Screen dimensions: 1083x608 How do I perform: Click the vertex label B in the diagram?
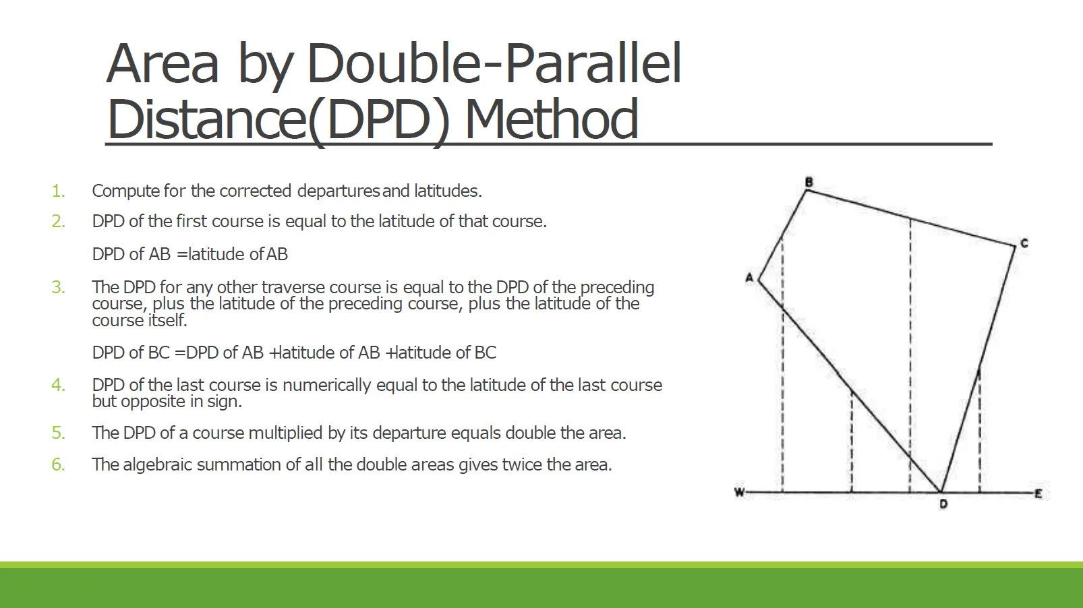pyautogui.click(x=809, y=182)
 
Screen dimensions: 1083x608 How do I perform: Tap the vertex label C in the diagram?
pyautogui.click(x=1024, y=243)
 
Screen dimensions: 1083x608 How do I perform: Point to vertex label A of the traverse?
pyautogui.click(x=749, y=278)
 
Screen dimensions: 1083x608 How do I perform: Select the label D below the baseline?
pyautogui.click(x=943, y=504)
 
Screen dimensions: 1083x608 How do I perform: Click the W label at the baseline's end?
pyautogui.click(x=739, y=493)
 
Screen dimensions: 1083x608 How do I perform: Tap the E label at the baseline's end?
pyautogui.click(x=1038, y=493)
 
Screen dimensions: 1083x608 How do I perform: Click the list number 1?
pyautogui.click(x=58, y=191)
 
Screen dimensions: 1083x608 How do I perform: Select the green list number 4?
pyautogui.click(x=58, y=385)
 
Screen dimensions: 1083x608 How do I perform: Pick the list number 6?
pyautogui.click(x=58, y=464)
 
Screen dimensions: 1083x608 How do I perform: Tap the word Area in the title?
pyautogui.click(x=163, y=64)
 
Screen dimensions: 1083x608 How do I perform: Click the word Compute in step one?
pyautogui.click(x=125, y=191)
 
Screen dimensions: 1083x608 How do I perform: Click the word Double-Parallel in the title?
pyautogui.click(x=494, y=64)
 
